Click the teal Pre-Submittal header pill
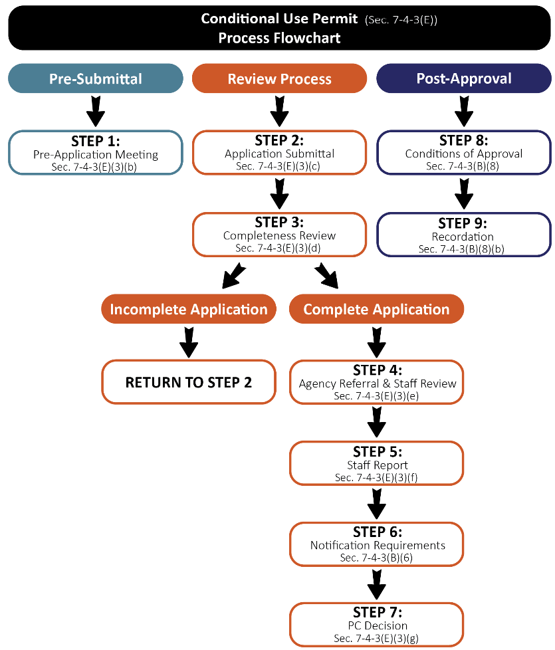tap(96, 78)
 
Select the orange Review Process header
tap(279, 78)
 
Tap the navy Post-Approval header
tap(463, 78)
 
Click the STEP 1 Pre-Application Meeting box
tap(96, 152)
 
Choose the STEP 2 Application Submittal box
tap(279, 152)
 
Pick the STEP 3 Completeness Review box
tap(279, 234)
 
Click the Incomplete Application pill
tap(189, 309)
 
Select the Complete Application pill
tap(376, 309)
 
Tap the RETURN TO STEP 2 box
tap(189, 382)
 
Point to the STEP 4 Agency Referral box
tap(377, 382)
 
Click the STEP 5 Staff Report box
tap(377, 463)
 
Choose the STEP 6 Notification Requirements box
tap(377, 544)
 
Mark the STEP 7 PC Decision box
tap(377, 625)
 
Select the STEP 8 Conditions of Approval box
tap(463, 152)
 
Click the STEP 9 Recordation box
tap(463, 234)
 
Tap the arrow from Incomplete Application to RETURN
tap(189, 342)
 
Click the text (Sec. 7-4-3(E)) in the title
tap(401, 19)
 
